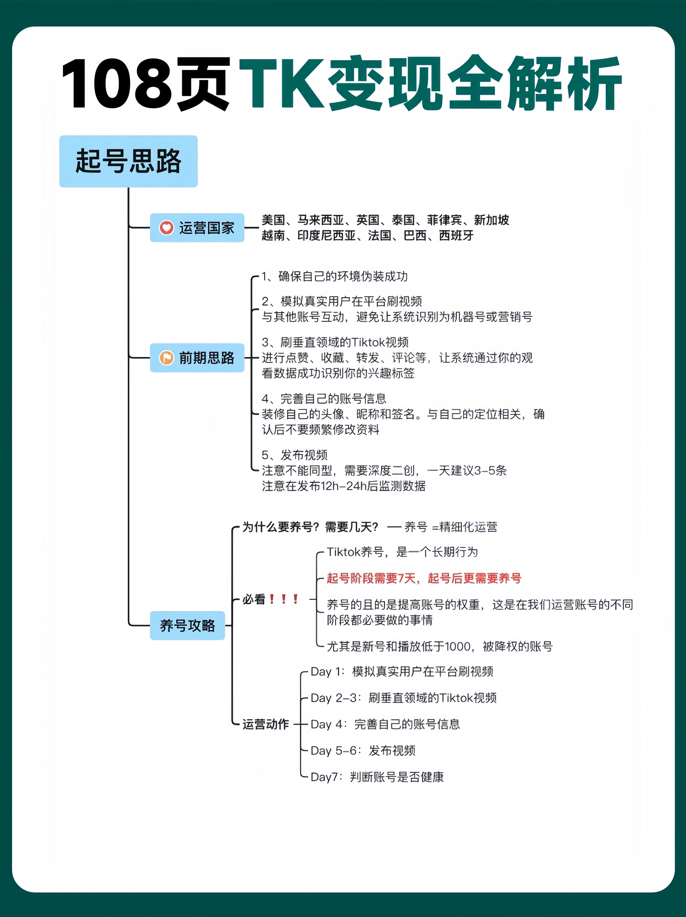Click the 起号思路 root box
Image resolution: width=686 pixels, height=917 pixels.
128,161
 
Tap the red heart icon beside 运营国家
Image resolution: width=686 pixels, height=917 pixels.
166,228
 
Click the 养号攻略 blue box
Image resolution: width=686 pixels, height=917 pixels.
187,625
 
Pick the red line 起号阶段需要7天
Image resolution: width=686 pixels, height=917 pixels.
424,578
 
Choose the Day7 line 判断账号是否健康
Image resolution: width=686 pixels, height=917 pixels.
377,777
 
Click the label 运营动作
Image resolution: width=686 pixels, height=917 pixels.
265,724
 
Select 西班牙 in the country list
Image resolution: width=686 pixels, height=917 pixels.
456,236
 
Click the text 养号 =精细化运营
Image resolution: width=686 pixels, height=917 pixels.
451,527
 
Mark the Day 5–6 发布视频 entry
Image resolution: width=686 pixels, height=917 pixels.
363,750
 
